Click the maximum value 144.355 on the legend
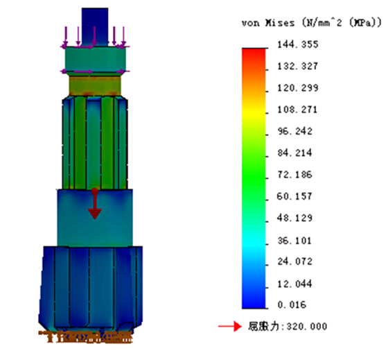[x=298, y=44]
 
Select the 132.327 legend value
[x=298, y=66]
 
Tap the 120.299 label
[x=298, y=88]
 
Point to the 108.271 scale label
[x=297, y=110]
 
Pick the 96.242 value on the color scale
[x=295, y=131]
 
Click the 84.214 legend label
[x=295, y=153]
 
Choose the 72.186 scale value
[x=295, y=175]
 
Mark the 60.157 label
[x=294, y=196]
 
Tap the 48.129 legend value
[x=294, y=218]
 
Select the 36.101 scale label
[x=294, y=241]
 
